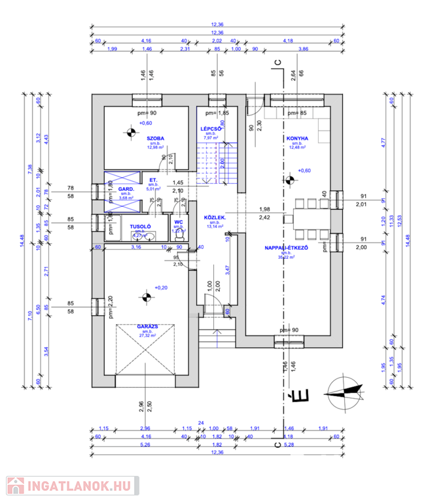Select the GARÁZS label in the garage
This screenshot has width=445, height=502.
147,325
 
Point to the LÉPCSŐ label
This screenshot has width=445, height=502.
212,129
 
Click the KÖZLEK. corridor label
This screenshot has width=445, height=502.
215,218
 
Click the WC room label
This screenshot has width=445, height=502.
178,223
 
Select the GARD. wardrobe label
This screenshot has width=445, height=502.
126,189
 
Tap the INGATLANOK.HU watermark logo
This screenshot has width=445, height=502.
69,486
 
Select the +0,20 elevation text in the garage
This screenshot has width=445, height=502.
161,288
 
